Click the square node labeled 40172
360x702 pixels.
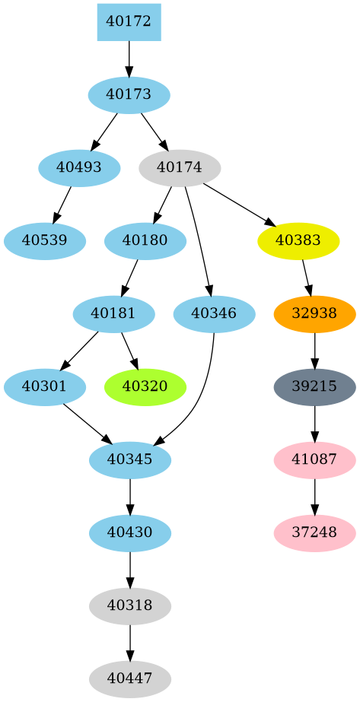tap(129, 22)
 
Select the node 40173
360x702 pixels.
tap(129, 95)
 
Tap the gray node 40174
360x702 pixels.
tap(180, 167)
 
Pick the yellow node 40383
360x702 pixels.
tap(298, 241)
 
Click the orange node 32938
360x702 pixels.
tap(314, 313)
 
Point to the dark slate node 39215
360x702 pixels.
tap(314, 386)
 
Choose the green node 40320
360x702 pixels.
tap(145, 386)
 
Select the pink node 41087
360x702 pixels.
tap(314, 459)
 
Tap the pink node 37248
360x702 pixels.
tap(314, 532)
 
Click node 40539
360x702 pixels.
tap(45, 241)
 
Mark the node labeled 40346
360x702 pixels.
tap(214, 313)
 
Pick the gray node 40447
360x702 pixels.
tap(129, 678)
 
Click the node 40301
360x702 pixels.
tap(45, 386)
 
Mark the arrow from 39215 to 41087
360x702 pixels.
tap(314, 423)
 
